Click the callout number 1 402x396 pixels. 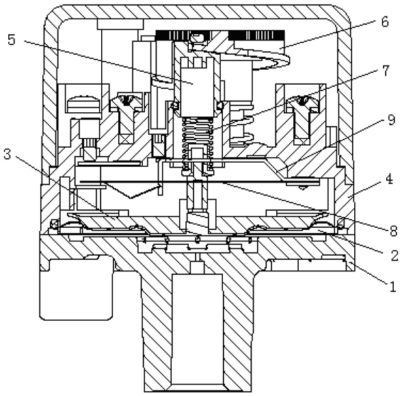click(x=392, y=287)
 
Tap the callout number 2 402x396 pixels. click(x=394, y=255)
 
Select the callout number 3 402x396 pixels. click(x=8, y=155)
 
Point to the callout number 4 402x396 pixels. click(x=389, y=179)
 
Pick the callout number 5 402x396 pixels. click(x=12, y=40)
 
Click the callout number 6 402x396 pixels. click(x=384, y=22)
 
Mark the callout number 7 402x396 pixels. click(x=386, y=70)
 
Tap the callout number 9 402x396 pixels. click(x=391, y=120)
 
